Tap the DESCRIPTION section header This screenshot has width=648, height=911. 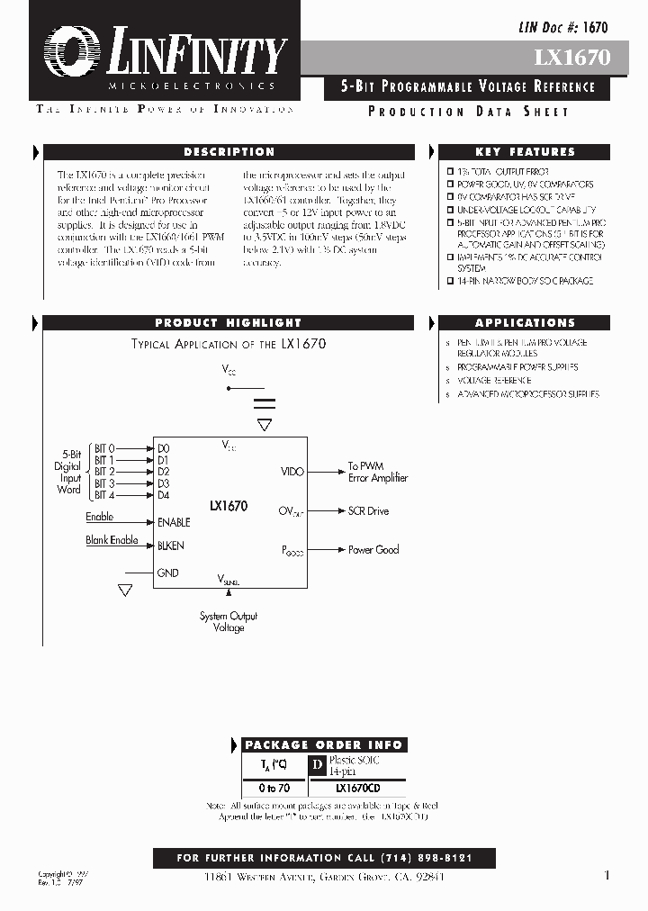pyautogui.click(x=229, y=152)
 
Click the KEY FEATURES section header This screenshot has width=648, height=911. pyautogui.click(x=525, y=152)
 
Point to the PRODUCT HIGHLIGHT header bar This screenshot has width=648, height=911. pyautogui.click(x=228, y=323)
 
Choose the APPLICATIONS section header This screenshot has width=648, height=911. pyautogui.click(x=525, y=323)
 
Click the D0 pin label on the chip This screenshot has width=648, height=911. pyautogui.click(x=164, y=448)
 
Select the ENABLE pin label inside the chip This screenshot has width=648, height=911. pyautogui.click(x=174, y=522)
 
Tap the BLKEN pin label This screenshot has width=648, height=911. pyautogui.click(x=171, y=546)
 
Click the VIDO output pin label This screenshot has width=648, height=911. pyautogui.click(x=292, y=472)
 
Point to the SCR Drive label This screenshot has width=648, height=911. pyautogui.click(x=368, y=511)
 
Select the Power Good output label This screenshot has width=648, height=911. pyautogui.click(x=373, y=550)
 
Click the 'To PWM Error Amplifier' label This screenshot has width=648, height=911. pyautogui.click(x=378, y=473)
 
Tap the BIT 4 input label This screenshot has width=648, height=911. pyautogui.click(x=104, y=495)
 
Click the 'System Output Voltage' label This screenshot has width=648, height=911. pyautogui.click(x=229, y=622)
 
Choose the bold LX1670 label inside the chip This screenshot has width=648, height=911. pyautogui.click(x=229, y=507)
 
